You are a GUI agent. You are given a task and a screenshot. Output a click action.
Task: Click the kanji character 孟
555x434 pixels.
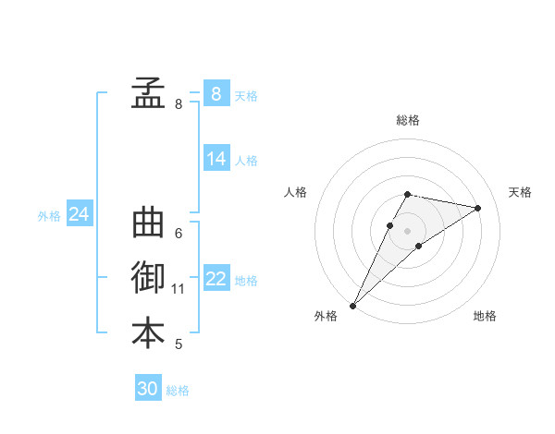pyautogui.click(x=148, y=92)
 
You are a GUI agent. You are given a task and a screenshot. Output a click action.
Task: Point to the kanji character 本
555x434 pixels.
pyautogui.click(x=148, y=333)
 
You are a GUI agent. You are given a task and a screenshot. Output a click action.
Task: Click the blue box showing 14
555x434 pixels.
pyautogui.click(x=216, y=159)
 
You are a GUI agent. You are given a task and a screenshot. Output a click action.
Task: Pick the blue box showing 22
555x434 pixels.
pyautogui.click(x=216, y=279)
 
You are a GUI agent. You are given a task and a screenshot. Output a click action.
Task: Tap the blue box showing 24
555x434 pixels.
pyautogui.click(x=79, y=214)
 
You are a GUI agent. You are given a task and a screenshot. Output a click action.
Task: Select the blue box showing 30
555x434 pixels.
pyautogui.click(x=148, y=389)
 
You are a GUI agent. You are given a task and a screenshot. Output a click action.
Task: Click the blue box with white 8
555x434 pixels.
pyautogui.click(x=216, y=93)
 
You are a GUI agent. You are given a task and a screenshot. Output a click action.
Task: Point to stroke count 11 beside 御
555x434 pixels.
pyautogui.click(x=179, y=289)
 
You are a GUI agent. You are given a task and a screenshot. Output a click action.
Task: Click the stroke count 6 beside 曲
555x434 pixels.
pyautogui.click(x=179, y=234)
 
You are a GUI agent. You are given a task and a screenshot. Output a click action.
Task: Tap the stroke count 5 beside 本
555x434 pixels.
pyautogui.click(x=179, y=344)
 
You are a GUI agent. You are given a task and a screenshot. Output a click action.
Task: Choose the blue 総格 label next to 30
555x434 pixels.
pyautogui.click(x=178, y=391)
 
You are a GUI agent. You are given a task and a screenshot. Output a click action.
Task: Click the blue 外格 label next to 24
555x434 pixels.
pyautogui.click(x=49, y=216)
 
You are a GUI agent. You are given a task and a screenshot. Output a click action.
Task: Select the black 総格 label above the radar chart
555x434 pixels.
pyautogui.click(x=408, y=120)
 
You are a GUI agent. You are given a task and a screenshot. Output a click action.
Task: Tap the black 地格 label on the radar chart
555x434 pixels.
pyautogui.click(x=485, y=316)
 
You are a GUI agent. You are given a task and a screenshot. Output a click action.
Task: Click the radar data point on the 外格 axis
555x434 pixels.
pyautogui.click(x=352, y=305)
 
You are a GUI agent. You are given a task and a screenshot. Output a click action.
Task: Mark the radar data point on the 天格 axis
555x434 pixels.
pyautogui.click(x=478, y=208)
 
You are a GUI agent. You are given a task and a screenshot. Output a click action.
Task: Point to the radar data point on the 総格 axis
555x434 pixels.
pyautogui.click(x=408, y=194)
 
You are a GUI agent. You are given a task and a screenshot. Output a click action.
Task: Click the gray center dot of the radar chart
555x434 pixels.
pyautogui.click(x=408, y=231)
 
